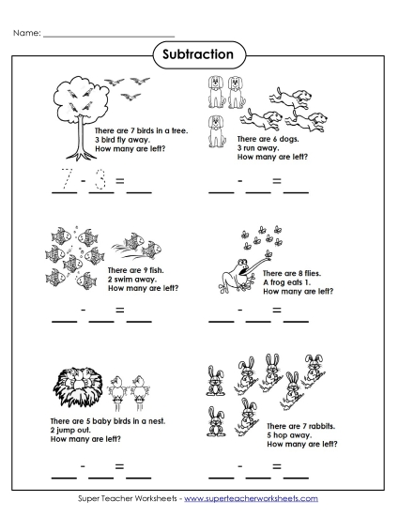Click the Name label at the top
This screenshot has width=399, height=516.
pyautogui.click(x=27, y=34)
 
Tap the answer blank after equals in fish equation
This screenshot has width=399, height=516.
pyautogui.click(x=138, y=319)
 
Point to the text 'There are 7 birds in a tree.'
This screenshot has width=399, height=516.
pyautogui.click(x=141, y=133)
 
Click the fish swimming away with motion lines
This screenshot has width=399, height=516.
pyautogui.click(x=142, y=246)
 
